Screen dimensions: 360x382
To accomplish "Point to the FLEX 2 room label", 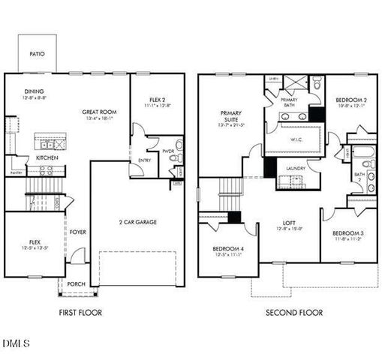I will pos(157,100).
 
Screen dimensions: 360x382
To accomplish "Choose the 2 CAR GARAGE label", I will pos(137,222).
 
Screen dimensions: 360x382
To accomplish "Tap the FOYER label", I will pos(78,232).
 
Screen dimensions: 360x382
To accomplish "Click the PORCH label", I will pos(77,284).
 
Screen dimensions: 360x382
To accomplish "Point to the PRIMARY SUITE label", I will pos(230,116).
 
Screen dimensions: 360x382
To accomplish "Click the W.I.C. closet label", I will pos(296,139).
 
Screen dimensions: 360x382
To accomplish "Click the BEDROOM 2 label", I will pos(350,100).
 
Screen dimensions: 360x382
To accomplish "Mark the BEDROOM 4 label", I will pos(227,249).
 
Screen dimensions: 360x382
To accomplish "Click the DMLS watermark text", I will pos(17,343).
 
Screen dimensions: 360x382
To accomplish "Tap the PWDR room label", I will pos(167,150).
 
